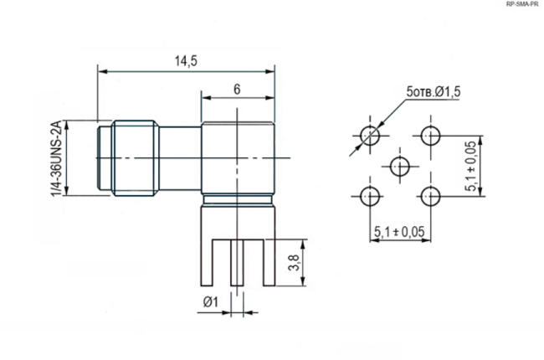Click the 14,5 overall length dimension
[184, 60]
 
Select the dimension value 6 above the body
[238, 88]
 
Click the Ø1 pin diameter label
[211, 301]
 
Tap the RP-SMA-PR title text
[522, 5]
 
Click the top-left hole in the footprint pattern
[369, 135]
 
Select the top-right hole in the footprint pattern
[431, 135]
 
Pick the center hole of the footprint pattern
[400, 166]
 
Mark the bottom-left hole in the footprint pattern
[369, 197]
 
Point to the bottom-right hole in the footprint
[431, 197]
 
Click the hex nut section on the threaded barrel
[135, 158]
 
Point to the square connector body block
[238, 159]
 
